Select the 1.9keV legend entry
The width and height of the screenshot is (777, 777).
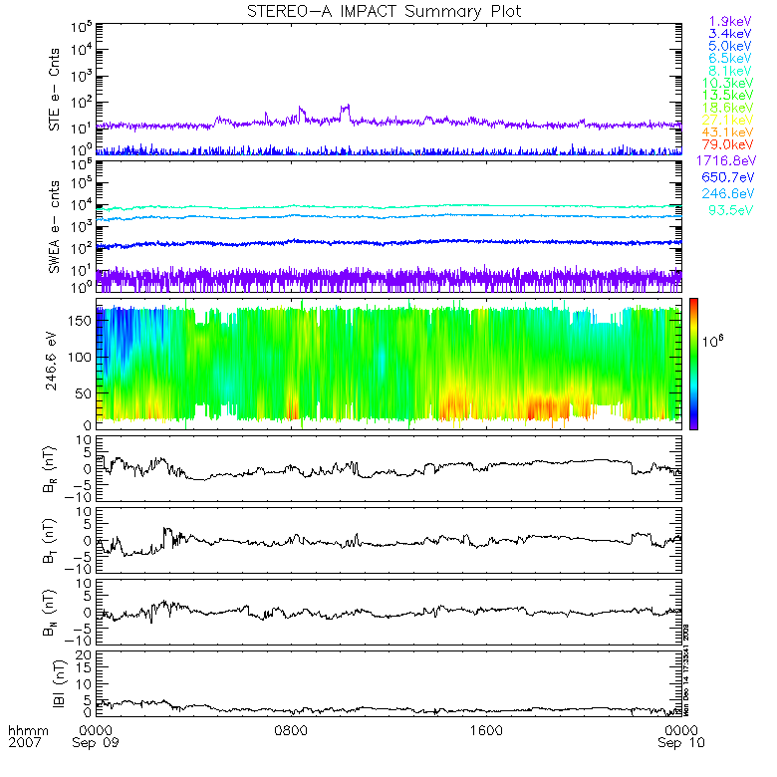730,20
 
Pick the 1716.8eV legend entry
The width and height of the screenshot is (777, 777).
726,161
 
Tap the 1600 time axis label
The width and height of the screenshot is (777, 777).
485,728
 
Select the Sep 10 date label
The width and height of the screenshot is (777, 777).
680,743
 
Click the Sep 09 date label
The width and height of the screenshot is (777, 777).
100,743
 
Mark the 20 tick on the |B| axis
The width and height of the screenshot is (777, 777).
85,653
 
